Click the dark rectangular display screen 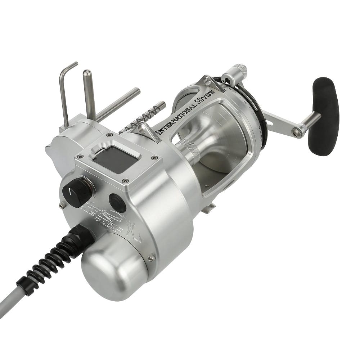click(x=115, y=159)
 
